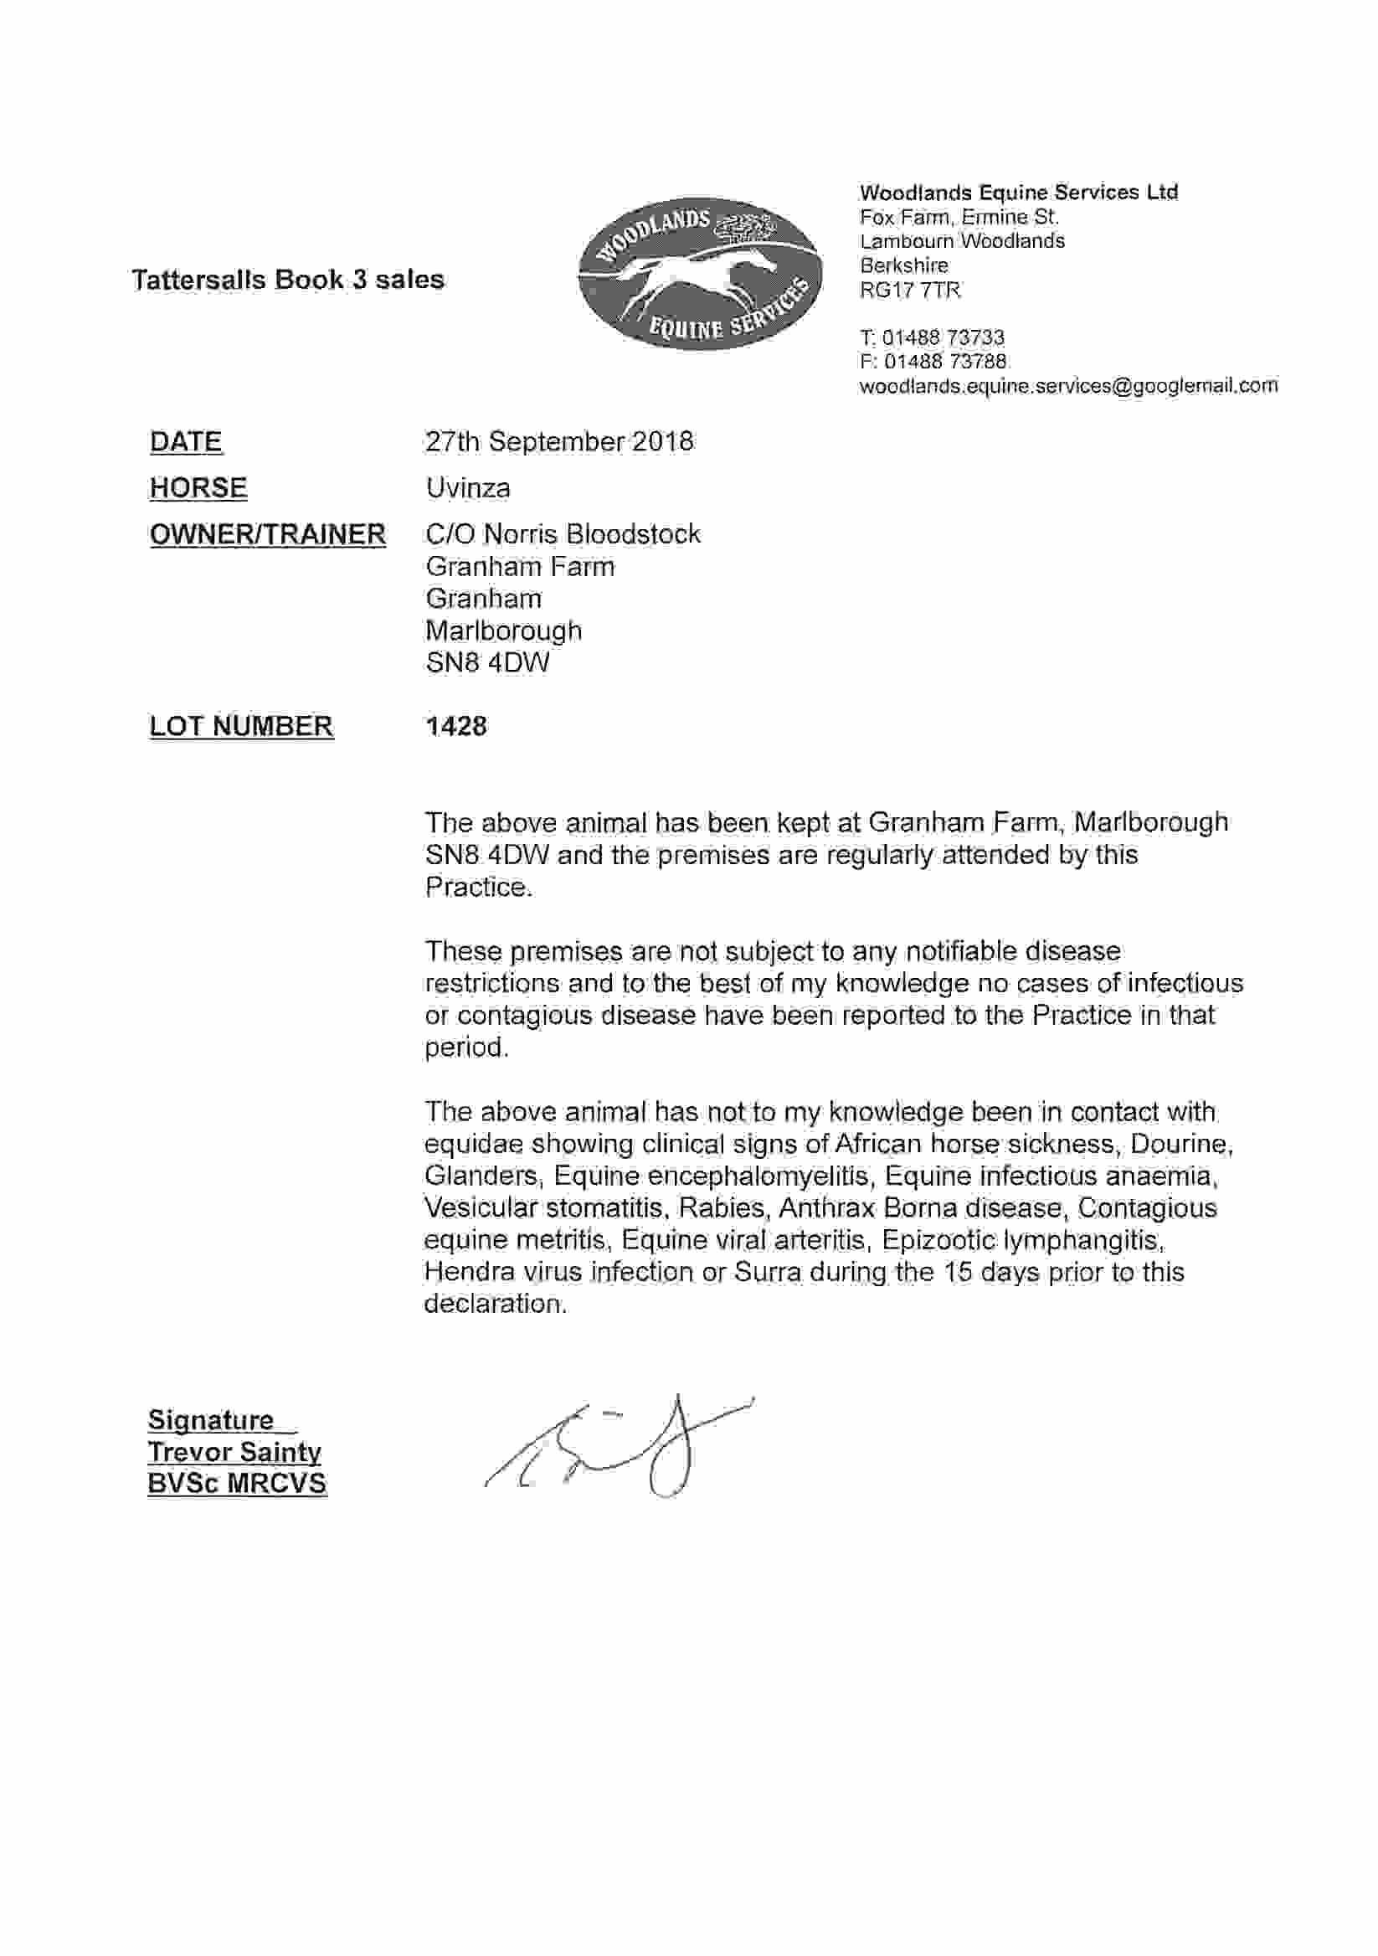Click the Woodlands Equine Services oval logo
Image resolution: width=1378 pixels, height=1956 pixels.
699,273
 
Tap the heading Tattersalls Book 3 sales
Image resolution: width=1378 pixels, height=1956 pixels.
288,280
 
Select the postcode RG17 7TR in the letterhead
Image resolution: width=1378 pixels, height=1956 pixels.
909,291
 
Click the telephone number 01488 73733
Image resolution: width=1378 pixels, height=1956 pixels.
943,337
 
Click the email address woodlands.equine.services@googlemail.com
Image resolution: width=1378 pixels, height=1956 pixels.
1068,386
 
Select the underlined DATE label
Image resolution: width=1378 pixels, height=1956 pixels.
186,441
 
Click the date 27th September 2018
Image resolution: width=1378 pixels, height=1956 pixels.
558,441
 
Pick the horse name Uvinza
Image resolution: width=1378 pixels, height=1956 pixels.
468,488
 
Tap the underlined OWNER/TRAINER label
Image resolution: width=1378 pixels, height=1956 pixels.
267,534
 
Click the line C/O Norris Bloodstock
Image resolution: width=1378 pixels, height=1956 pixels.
562,534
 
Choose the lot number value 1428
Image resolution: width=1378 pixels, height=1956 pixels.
455,726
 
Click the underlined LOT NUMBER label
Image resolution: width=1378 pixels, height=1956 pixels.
241,726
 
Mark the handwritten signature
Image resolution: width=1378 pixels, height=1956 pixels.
618,1446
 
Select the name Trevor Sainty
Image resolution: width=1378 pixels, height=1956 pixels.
234,1452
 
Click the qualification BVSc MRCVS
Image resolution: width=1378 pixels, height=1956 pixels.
237,1483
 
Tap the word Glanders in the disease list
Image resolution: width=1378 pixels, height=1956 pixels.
481,1176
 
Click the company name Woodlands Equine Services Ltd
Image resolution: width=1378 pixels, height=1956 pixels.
1019,193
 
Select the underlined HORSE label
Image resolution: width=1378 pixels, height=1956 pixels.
198,488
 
